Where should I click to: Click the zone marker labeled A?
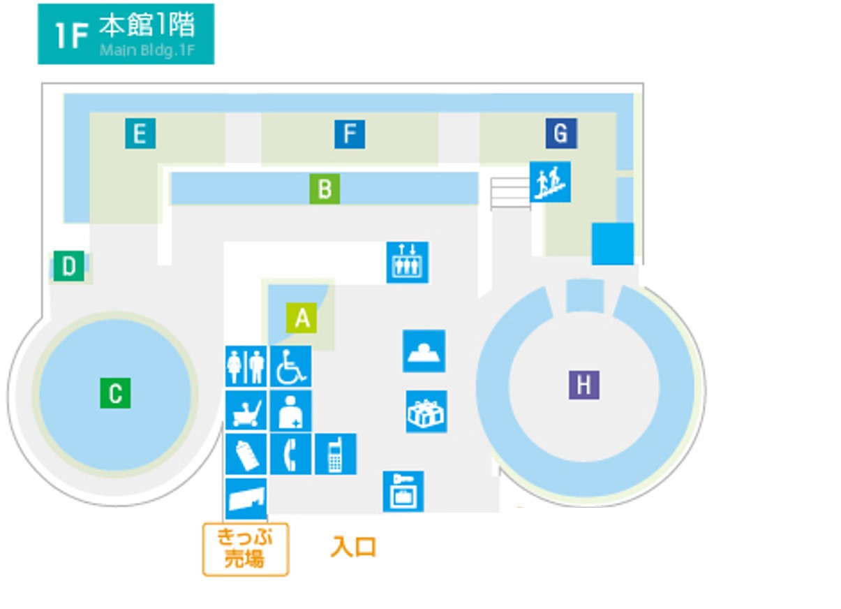(x=302, y=318)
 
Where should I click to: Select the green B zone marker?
(x=325, y=189)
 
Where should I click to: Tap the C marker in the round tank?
(x=115, y=393)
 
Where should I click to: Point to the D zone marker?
(x=68, y=266)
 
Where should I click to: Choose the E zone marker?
(x=140, y=133)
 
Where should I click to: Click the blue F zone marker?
(x=350, y=134)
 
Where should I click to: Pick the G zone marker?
(x=561, y=133)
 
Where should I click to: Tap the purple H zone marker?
(x=584, y=385)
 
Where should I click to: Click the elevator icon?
(x=408, y=262)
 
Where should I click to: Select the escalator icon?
(x=550, y=182)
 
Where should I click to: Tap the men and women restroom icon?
(x=246, y=366)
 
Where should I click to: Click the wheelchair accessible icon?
(x=291, y=366)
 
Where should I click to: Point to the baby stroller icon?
(x=246, y=411)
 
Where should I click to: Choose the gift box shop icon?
(x=426, y=412)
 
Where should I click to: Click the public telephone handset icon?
(x=291, y=454)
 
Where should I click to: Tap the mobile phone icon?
(x=336, y=454)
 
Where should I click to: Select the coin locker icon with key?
(x=403, y=492)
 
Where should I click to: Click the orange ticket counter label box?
(x=246, y=549)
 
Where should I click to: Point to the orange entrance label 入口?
(x=354, y=547)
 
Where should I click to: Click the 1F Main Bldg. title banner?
(x=126, y=34)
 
